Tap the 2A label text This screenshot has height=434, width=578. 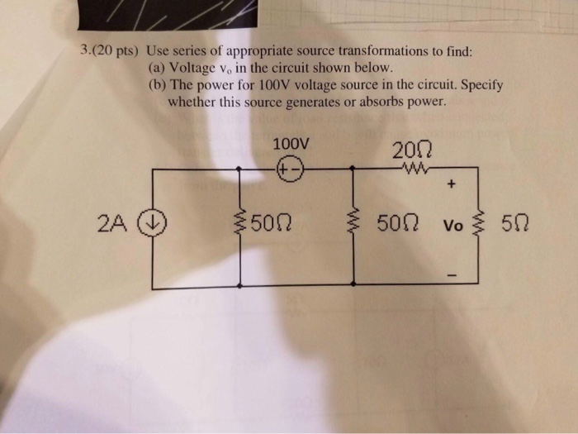pyautogui.click(x=111, y=222)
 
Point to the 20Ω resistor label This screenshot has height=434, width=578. pyautogui.click(x=413, y=151)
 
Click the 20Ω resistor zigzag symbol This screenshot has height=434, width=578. pyautogui.click(x=412, y=171)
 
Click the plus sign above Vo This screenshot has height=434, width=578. pyautogui.click(x=452, y=186)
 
